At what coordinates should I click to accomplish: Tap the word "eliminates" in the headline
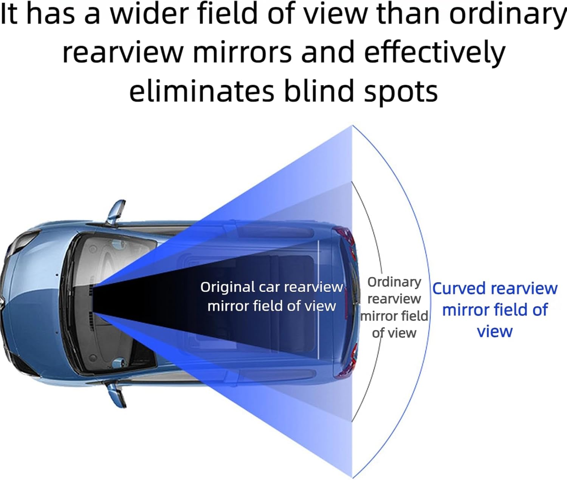click(201, 92)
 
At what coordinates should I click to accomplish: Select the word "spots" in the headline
click(400, 92)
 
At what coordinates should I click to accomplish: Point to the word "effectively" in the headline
click(434, 52)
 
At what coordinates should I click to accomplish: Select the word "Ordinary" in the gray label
click(394, 282)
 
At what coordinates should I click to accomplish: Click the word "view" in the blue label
click(494, 331)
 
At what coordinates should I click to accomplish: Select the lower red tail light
click(345, 363)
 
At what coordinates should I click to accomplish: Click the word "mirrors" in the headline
click(242, 52)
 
